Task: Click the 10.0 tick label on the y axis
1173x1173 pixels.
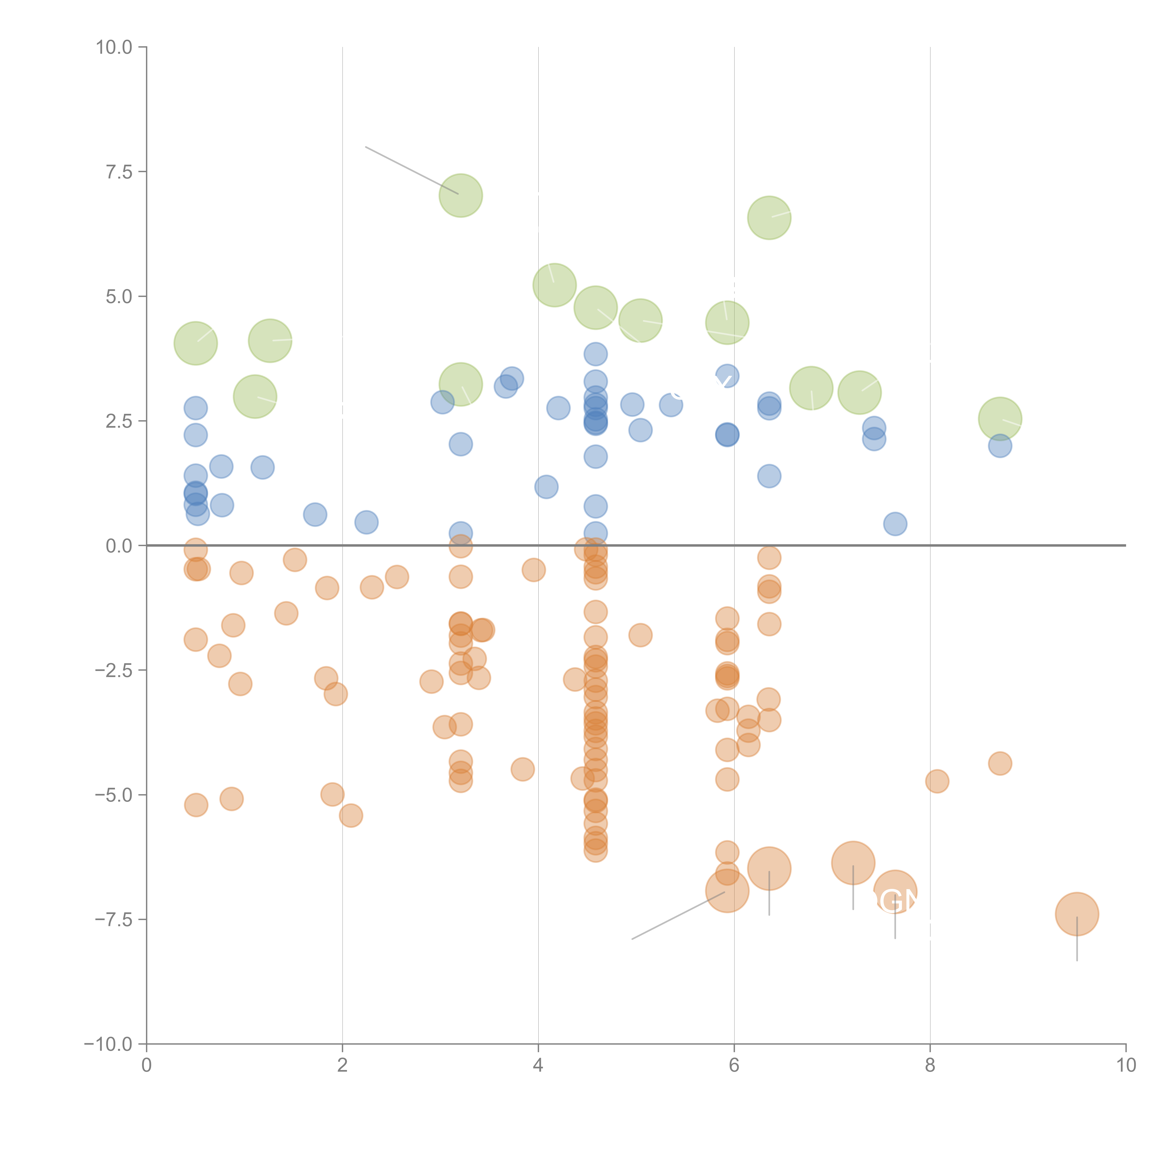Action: click(x=114, y=47)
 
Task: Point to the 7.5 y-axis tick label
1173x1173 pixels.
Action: click(x=119, y=172)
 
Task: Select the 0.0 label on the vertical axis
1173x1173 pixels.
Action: click(x=119, y=546)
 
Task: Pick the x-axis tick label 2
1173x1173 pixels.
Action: click(x=343, y=1066)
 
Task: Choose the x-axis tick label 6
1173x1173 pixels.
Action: click(x=734, y=1066)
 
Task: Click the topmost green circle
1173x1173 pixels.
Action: click(x=461, y=195)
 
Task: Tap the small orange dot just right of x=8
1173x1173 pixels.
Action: click(x=937, y=781)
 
